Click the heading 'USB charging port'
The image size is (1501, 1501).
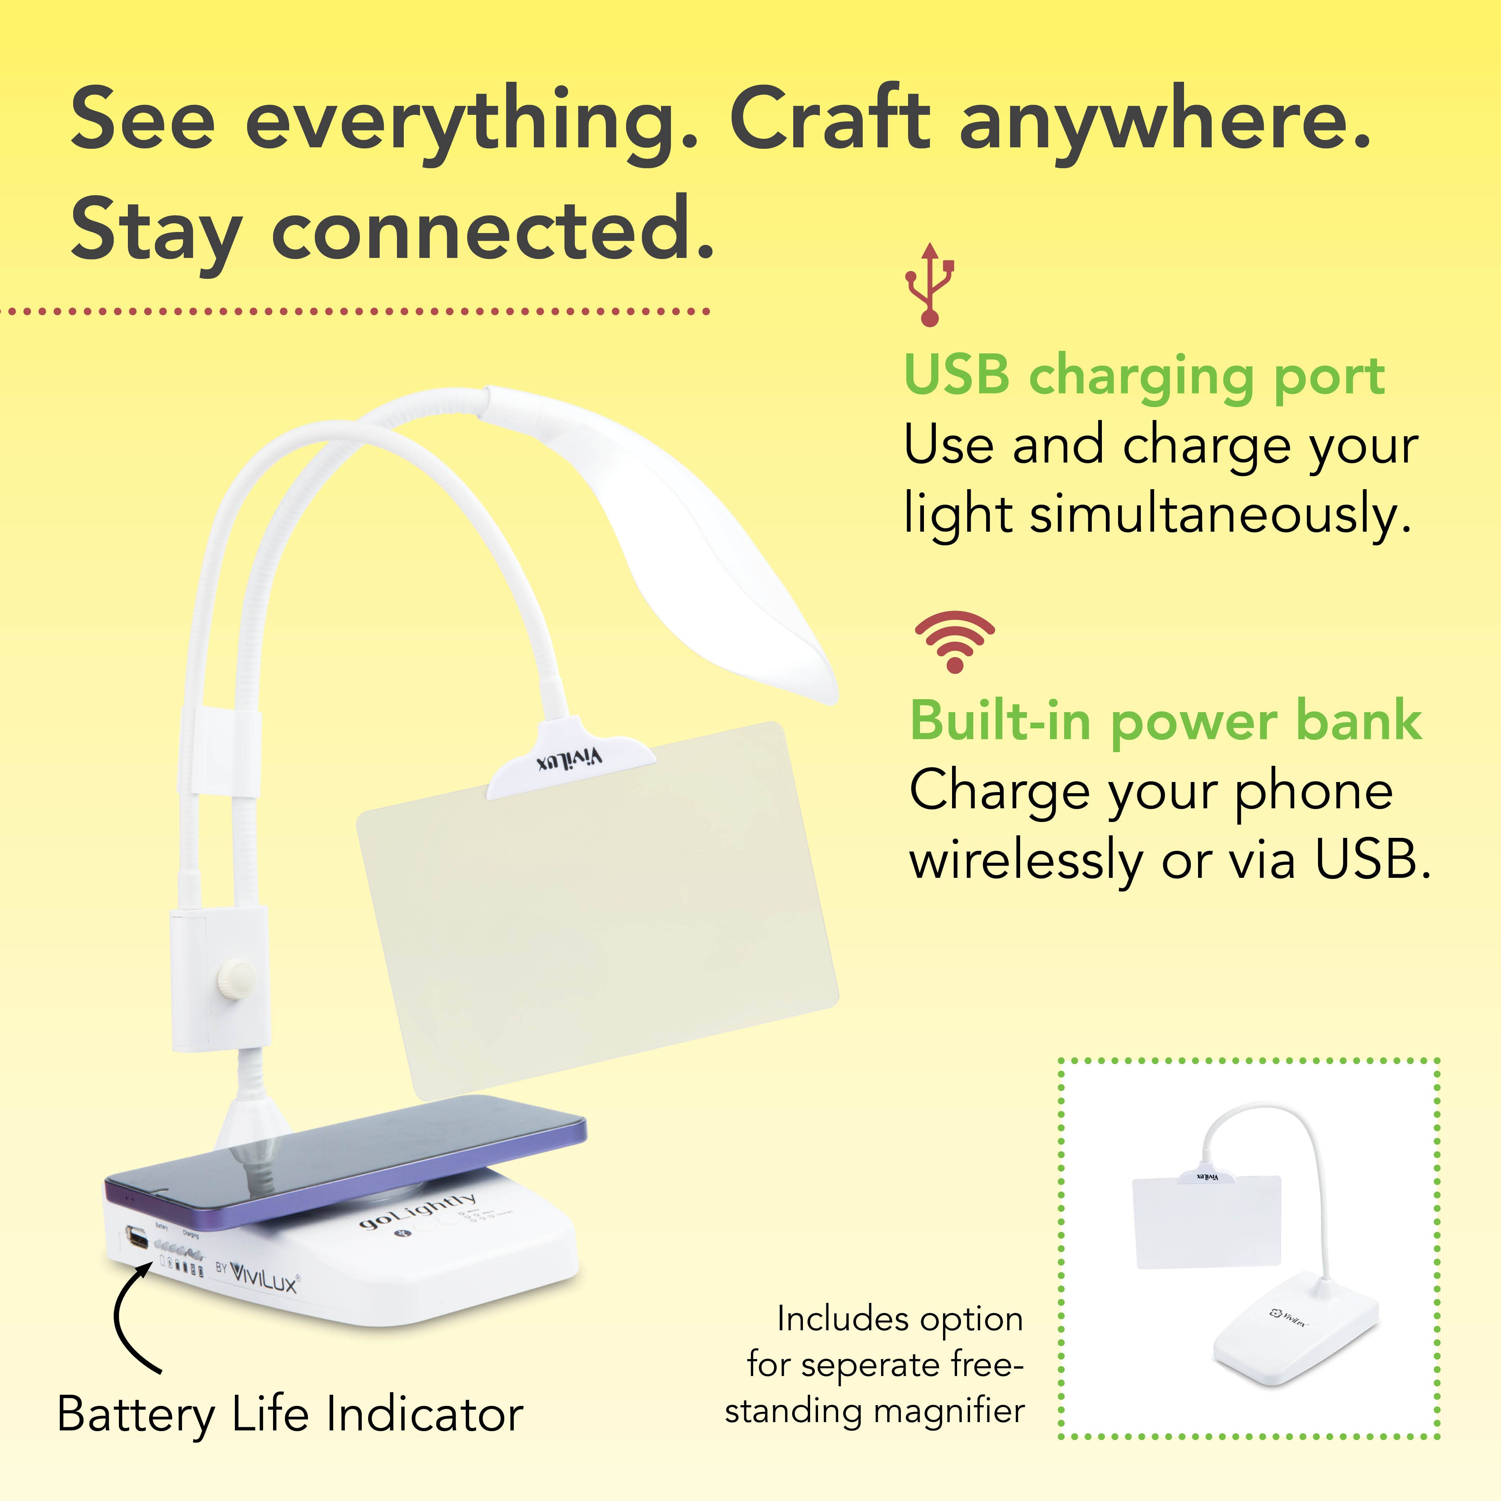click(1144, 377)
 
